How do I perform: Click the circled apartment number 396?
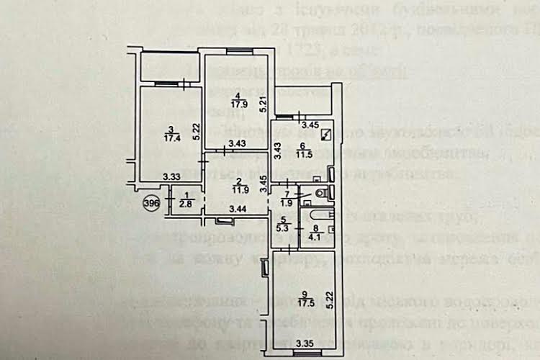[150, 203]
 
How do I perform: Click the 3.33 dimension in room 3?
[171, 176]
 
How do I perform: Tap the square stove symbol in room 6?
[327, 133]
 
